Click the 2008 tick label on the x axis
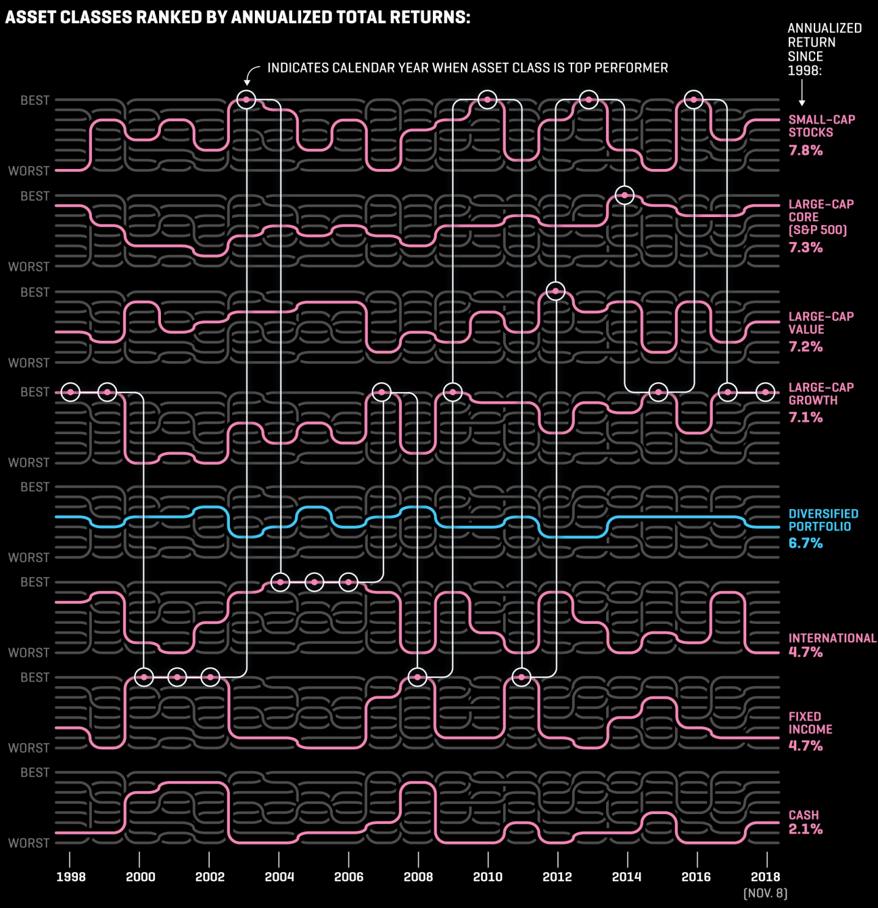[x=418, y=877]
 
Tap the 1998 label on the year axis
[x=71, y=877]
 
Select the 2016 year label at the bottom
[x=696, y=877]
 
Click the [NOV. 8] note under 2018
[x=765, y=893]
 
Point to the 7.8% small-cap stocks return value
[x=805, y=150]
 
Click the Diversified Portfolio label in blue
[x=823, y=520]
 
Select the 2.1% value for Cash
[x=805, y=829]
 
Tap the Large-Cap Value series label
[x=821, y=323]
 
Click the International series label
[x=832, y=638]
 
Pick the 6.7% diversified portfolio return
[x=805, y=543]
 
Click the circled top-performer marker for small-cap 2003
[x=246, y=99]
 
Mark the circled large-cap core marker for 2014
[x=624, y=195]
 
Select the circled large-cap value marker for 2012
[x=555, y=291]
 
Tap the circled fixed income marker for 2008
[x=417, y=677]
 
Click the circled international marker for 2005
[x=314, y=582]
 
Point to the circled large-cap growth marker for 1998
[x=71, y=392]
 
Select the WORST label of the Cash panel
[x=29, y=843]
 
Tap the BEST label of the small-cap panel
[x=35, y=100]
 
